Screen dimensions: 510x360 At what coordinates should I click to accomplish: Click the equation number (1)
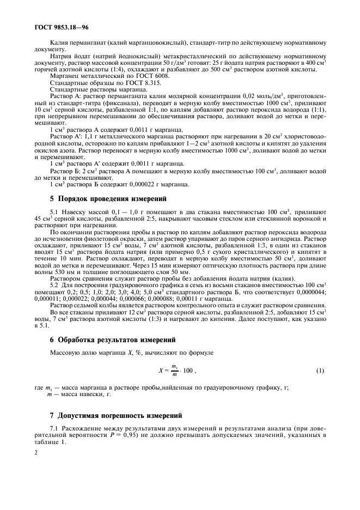tap(320, 371)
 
